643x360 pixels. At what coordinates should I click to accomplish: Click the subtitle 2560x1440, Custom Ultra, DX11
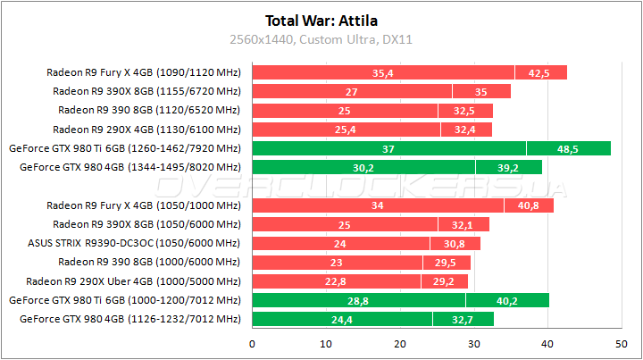321,39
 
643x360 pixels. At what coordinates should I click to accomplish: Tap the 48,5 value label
567,148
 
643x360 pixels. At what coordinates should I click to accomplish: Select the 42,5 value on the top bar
539,72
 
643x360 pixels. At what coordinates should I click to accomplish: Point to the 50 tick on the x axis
621,344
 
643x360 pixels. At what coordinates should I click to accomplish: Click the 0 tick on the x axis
253,344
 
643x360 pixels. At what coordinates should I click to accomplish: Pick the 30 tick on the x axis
473,344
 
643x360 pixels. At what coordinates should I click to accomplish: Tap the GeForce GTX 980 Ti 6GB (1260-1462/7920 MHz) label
124,148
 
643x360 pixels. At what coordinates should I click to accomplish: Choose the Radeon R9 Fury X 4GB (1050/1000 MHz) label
144,205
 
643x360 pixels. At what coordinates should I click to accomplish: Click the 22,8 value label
336,280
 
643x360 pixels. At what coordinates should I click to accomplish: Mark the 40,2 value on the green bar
506,300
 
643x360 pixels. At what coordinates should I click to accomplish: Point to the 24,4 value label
342,319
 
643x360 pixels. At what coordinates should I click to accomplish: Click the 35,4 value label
383,72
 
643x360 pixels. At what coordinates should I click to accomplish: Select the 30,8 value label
455,243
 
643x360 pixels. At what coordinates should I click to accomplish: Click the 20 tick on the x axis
400,344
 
